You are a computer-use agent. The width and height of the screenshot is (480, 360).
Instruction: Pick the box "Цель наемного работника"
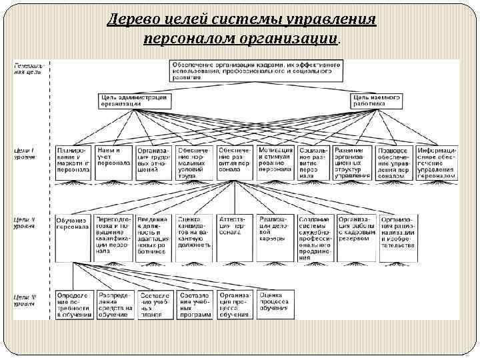377,100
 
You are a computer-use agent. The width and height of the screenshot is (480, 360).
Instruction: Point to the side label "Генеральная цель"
28,69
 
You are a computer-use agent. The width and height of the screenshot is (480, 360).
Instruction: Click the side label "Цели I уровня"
25,153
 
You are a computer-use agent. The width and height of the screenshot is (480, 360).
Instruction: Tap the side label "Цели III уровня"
25,299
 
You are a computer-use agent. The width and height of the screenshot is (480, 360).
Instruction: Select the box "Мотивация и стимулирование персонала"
275,160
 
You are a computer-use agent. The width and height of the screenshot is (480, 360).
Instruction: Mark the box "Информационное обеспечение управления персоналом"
437,162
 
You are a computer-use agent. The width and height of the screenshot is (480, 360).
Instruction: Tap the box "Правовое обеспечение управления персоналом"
394,162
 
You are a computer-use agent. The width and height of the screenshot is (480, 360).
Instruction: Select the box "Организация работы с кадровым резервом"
355,227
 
